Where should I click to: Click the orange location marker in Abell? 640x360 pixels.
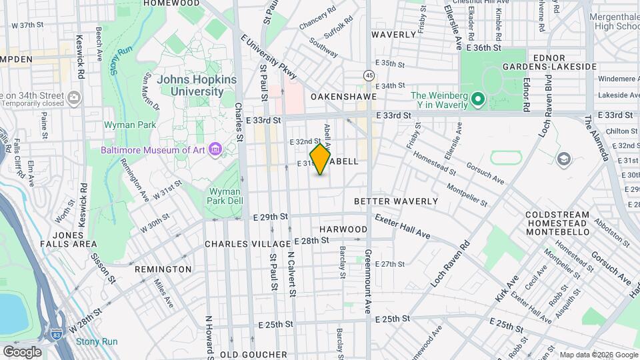click(321, 159)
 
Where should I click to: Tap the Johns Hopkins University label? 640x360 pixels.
click(197, 85)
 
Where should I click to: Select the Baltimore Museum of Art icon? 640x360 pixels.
click(215, 149)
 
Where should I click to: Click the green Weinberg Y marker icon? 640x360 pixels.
click(477, 100)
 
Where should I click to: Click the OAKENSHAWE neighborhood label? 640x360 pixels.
click(342, 97)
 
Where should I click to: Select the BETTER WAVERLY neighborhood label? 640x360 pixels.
click(395, 201)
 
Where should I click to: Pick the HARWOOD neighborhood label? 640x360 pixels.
click(343, 229)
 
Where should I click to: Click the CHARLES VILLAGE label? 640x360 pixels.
click(248, 244)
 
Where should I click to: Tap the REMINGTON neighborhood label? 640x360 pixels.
click(163, 269)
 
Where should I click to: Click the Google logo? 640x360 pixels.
click(22, 351)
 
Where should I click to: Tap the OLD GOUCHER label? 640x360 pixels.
click(248, 354)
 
